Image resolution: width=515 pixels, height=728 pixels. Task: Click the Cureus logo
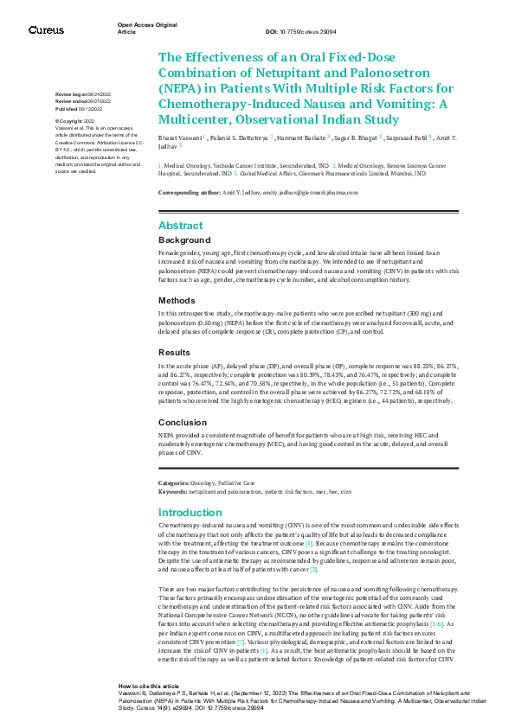pyautogui.click(x=46, y=30)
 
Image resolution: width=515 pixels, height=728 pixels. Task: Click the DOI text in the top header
pyautogui.click(x=294, y=32)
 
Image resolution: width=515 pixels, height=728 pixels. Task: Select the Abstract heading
pyautogui.click(x=181, y=225)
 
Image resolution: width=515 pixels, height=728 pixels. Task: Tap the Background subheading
pyautogui.click(x=184, y=239)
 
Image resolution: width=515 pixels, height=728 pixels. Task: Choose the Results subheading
pyautogui.click(x=176, y=353)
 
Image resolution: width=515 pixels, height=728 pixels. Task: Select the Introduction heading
pyautogui.click(x=190, y=513)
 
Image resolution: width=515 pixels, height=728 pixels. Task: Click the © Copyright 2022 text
pyautogui.click(x=75, y=122)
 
